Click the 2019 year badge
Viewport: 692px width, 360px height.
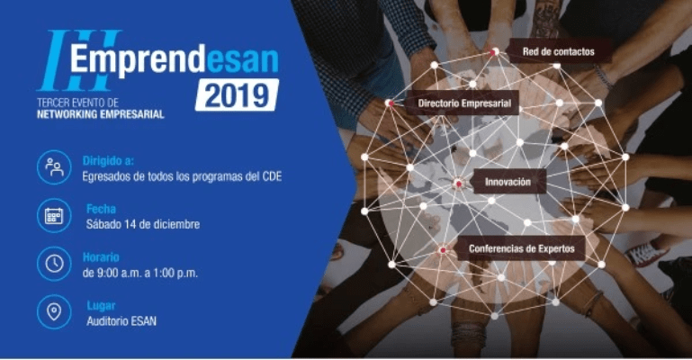(237, 94)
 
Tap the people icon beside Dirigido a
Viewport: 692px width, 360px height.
(54, 167)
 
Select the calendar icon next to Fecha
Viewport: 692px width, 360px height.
(54, 216)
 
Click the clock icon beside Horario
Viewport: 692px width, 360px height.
(54, 264)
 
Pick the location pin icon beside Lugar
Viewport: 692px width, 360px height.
(54, 312)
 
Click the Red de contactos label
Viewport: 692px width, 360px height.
(558, 51)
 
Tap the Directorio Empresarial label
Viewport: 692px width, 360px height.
(464, 103)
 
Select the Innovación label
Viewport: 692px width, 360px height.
(508, 182)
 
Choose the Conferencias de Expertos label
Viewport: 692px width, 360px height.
(521, 248)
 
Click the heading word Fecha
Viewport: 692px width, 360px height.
(101, 209)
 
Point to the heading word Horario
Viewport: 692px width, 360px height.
(101, 257)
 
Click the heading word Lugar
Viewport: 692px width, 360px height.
(101, 305)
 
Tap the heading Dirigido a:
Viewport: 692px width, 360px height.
(108, 161)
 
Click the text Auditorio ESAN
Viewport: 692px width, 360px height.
(121, 321)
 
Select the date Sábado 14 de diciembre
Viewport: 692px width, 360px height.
(143, 225)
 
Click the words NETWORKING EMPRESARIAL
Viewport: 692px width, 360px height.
(100, 114)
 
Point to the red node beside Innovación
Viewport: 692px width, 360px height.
(459, 184)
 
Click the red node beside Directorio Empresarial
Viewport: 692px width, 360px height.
(391, 103)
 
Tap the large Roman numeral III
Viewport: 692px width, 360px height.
(79, 59)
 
